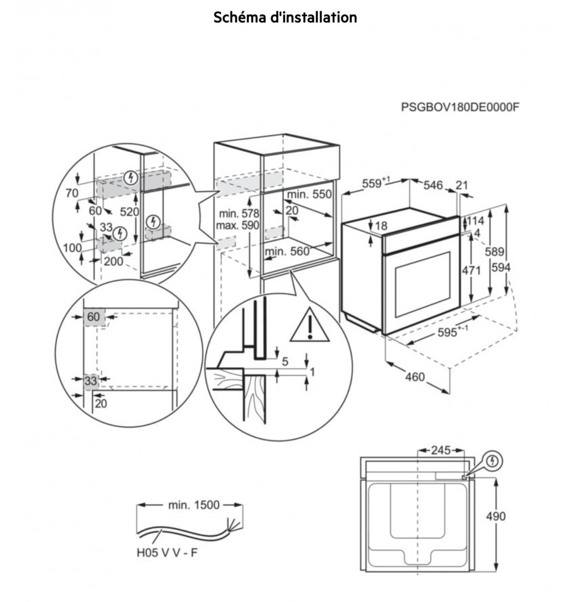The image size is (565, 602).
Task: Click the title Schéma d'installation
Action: pos(285,18)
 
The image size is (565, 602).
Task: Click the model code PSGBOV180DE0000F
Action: pos(460,107)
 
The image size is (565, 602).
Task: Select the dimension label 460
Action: pos(415,377)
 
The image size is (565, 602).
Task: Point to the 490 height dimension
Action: pos(495,517)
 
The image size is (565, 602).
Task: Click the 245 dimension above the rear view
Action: pos(441,450)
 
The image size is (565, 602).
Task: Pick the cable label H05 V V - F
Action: pos(167,553)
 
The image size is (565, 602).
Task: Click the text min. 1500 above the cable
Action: pos(194,505)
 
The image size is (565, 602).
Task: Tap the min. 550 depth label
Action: pos(309,194)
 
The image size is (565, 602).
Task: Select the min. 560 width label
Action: pos(287,252)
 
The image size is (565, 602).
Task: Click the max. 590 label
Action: pos(237,225)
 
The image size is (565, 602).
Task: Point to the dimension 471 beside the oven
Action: pos(471,271)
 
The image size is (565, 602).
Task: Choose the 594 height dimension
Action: pos(501,267)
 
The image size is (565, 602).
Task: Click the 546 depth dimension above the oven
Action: pos(433,185)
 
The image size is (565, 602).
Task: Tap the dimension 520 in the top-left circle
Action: pos(129,212)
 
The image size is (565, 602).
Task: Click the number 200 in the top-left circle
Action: pos(114,262)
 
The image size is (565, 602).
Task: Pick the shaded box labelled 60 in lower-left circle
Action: pos(94,317)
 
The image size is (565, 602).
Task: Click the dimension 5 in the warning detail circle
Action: pos(285,362)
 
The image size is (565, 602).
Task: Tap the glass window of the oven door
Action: pos(422,284)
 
